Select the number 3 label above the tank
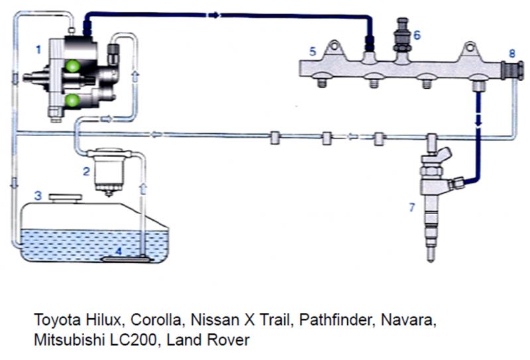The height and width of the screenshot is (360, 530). (x=39, y=196)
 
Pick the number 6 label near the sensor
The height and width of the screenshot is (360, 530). (x=415, y=34)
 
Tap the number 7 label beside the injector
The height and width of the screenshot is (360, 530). (x=411, y=208)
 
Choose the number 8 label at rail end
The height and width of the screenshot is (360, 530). (x=511, y=52)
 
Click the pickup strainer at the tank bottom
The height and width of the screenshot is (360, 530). (x=127, y=259)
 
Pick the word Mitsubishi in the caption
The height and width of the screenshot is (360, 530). (x=64, y=340)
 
